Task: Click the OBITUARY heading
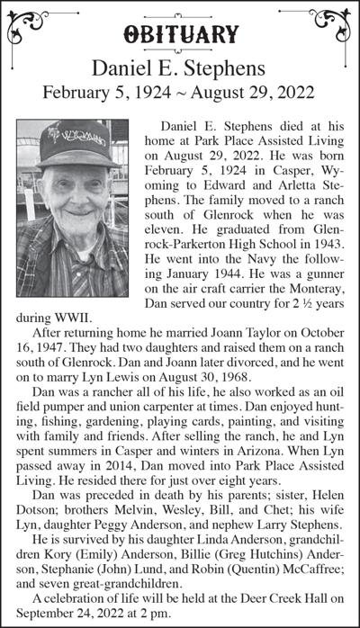(x=180, y=35)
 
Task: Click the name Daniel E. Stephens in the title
(x=180, y=68)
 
